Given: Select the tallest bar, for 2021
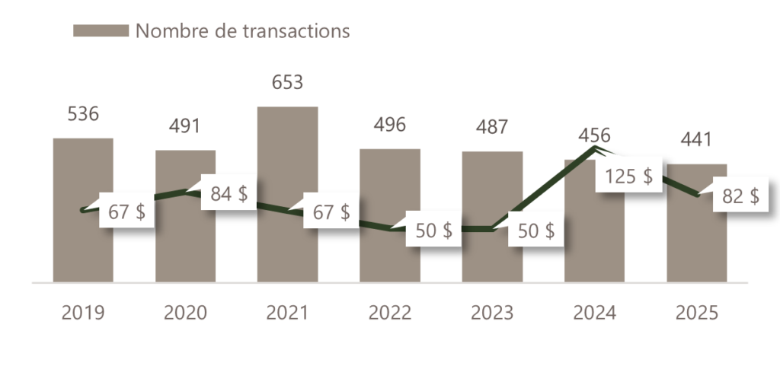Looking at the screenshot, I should tap(287, 152).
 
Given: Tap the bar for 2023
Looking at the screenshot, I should tap(492, 190).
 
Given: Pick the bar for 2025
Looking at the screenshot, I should tap(697, 243).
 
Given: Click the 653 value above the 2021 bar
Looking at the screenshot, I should tap(287, 81).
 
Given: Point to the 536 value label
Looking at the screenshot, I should tap(83, 114).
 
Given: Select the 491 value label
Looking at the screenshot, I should tap(184, 126).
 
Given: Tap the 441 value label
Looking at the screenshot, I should tap(697, 140).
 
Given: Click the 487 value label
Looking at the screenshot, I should tap(492, 126).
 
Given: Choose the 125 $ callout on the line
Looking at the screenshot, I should tap(628, 177).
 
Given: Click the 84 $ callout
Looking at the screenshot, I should tap(229, 194).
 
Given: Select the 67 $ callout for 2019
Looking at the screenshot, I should tap(127, 212).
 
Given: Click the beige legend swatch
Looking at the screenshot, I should tap(101, 30).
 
